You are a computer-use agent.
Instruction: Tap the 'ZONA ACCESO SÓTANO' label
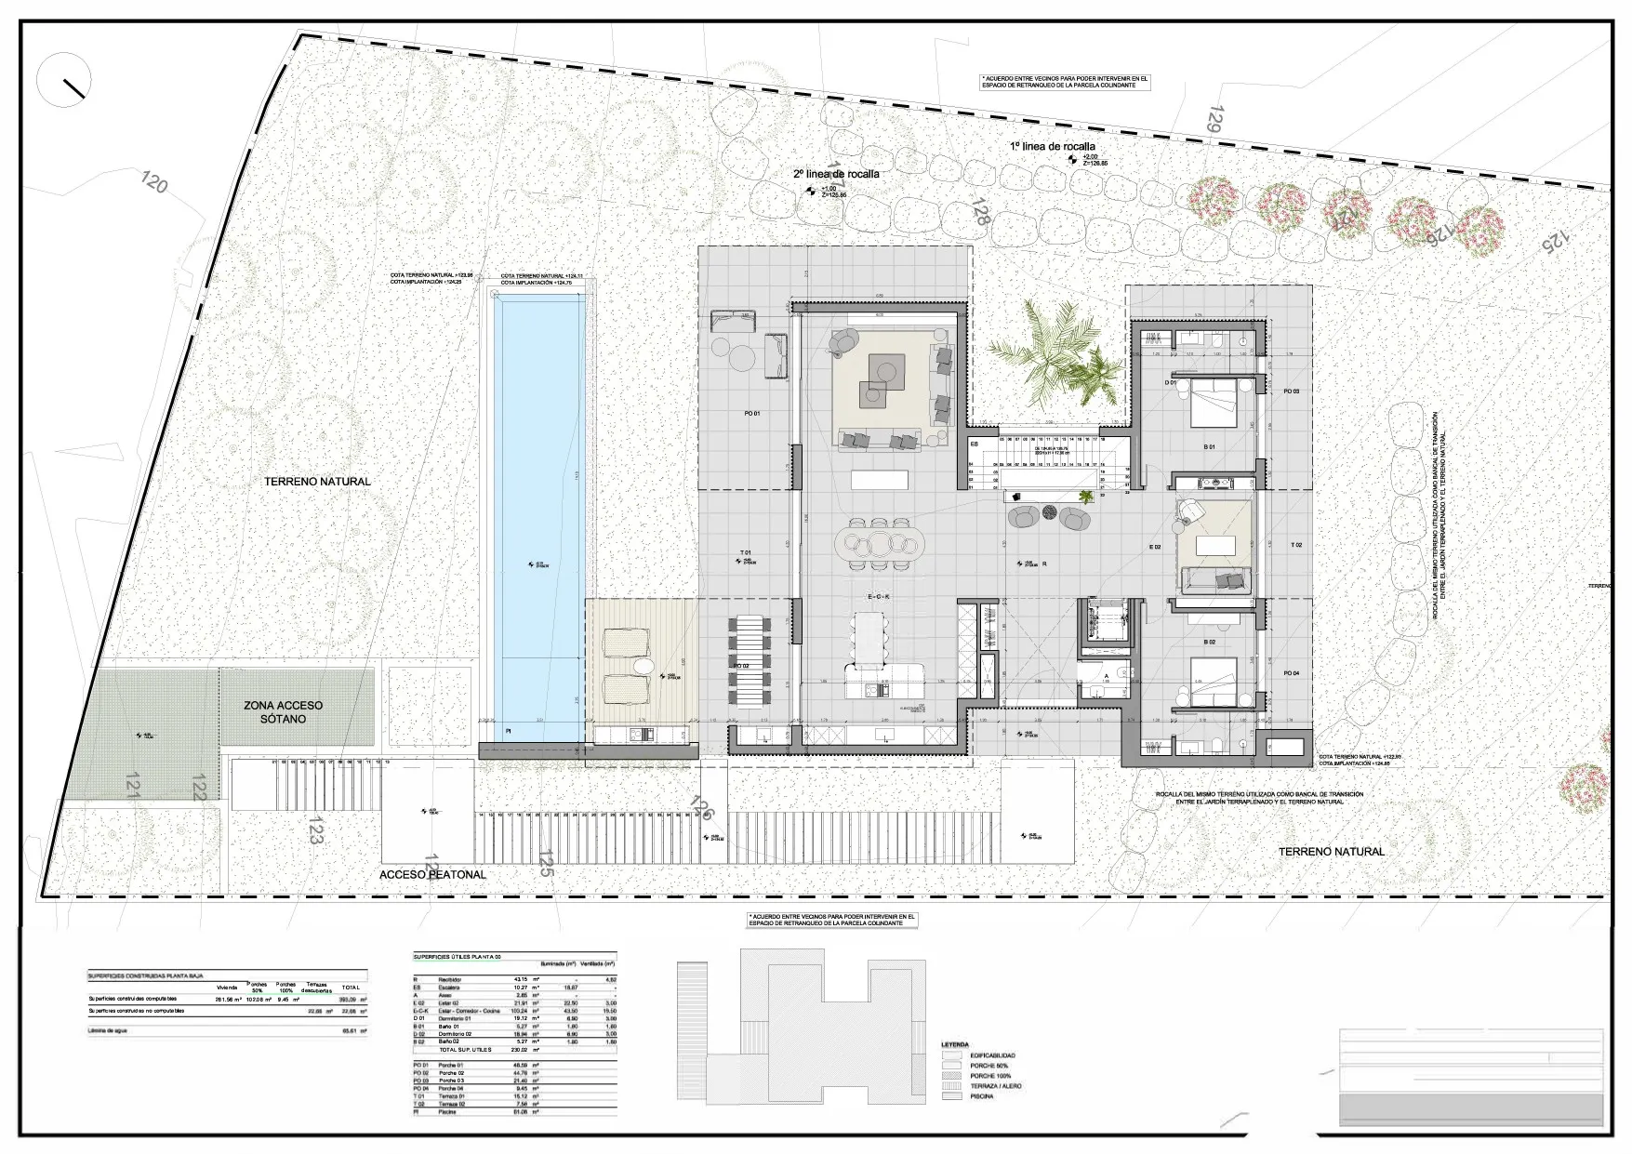[285, 712]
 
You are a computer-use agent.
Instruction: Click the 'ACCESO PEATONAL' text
[432, 875]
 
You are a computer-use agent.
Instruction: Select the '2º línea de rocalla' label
[835, 174]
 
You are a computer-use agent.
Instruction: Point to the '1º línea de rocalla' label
[1053, 147]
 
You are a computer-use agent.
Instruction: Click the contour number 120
[154, 182]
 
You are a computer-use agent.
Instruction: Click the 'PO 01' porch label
[752, 413]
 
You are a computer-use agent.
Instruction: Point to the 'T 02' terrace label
[1296, 545]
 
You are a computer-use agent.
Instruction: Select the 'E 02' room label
[1155, 548]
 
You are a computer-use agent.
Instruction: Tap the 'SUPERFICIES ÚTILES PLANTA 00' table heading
[457, 957]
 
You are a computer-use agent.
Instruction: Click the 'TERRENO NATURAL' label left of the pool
[317, 482]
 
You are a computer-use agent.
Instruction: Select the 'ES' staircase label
[975, 444]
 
